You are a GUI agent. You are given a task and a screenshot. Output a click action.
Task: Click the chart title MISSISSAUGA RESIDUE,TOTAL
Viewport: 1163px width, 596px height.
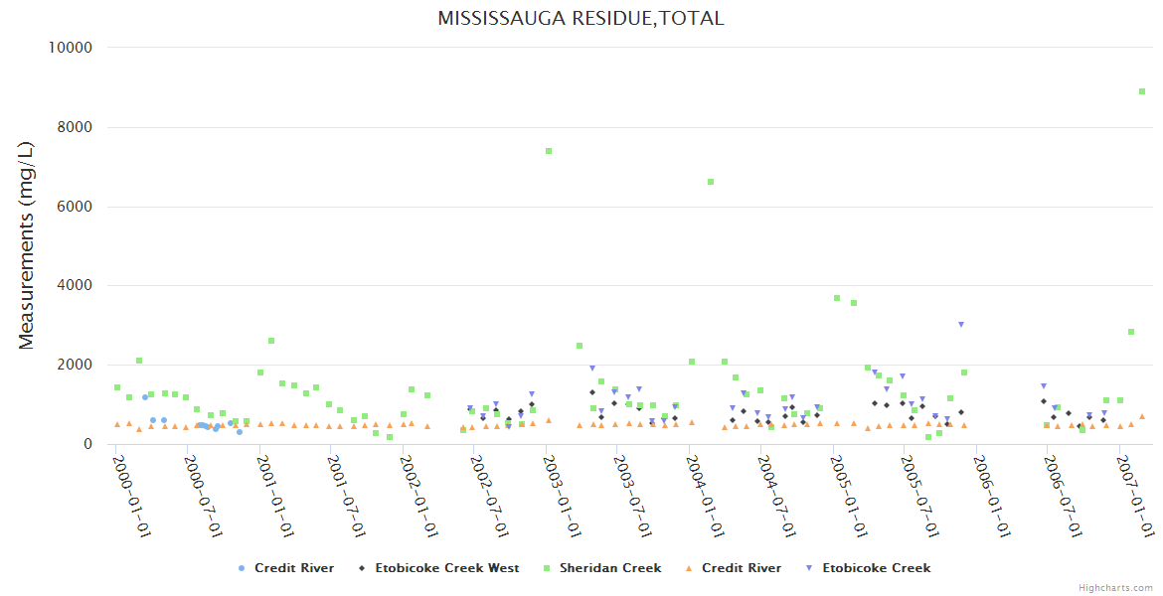(x=581, y=19)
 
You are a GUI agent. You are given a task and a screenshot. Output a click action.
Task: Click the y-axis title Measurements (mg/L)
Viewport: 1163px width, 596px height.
(x=27, y=245)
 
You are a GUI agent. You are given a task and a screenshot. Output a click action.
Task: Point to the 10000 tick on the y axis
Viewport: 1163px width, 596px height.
(x=71, y=48)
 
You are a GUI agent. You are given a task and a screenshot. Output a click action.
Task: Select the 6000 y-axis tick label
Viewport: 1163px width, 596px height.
(x=76, y=207)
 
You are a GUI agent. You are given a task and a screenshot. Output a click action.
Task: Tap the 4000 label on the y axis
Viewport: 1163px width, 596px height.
(x=76, y=286)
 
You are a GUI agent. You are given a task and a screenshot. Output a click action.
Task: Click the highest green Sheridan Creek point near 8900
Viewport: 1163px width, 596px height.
(x=1142, y=91)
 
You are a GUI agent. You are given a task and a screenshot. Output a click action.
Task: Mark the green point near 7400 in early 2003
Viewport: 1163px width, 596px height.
(x=548, y=151)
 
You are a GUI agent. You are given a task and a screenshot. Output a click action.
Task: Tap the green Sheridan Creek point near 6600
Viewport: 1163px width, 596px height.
(x=711, y=182)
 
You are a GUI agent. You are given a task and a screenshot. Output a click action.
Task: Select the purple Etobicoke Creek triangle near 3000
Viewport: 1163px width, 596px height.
(x=961, y=325)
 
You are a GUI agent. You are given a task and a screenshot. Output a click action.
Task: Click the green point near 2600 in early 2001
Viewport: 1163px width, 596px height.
(x=270, y=341)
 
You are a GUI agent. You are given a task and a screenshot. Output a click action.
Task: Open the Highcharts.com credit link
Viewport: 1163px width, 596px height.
(x=1115, y=588)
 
